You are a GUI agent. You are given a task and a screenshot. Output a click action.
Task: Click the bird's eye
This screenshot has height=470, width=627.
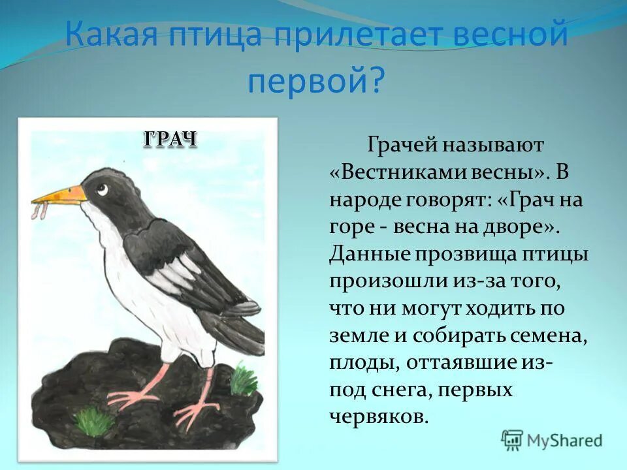click(103, 189)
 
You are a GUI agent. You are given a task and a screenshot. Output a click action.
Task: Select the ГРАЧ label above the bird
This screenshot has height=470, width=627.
click(169, 138)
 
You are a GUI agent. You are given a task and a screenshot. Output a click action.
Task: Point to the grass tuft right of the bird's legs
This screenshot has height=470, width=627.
click(244, 379)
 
